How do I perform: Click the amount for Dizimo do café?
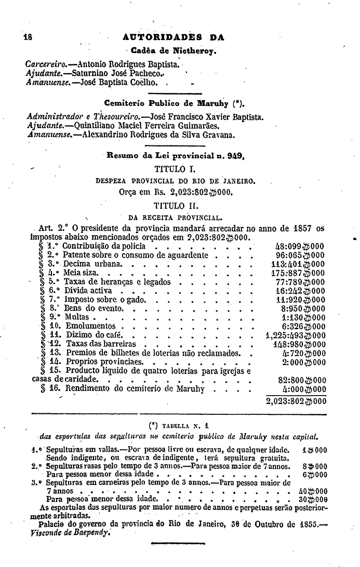click(x=295, y=335)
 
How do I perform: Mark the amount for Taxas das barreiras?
click(x=299, y=344)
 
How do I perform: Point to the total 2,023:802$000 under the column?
click(x=295, y=401)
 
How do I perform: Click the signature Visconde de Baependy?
click(x=71, y=533)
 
